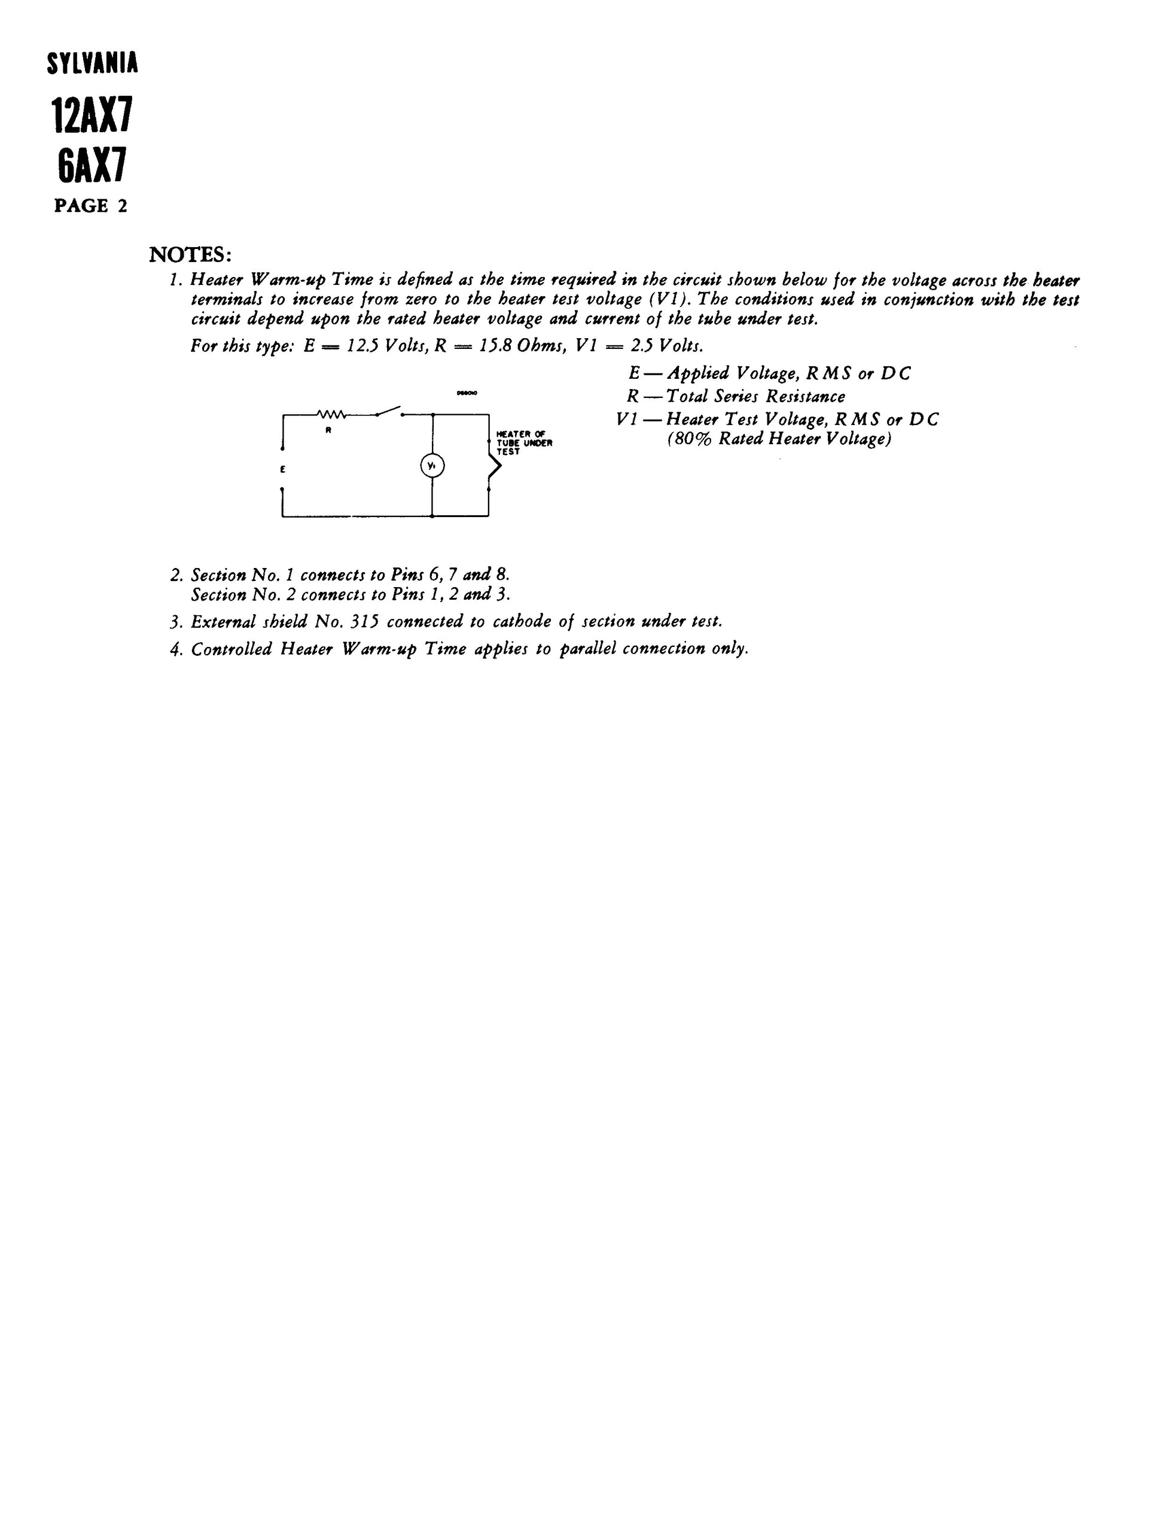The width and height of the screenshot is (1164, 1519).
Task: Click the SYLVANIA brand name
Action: click(x=92, y=64)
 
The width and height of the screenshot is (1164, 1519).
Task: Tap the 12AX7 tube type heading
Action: click(x=92, y=115)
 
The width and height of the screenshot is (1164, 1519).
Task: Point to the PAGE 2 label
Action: click(x=91, y=206)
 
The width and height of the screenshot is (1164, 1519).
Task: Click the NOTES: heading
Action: click(x=190, y=255)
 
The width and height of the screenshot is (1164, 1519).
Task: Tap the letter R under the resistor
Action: click(x=329, y=430)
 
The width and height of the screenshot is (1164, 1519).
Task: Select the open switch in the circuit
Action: click(x=389, y=411)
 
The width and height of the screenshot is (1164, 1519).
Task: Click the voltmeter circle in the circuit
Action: click(x=432, y=466)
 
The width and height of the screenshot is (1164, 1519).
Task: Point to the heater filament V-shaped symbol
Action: click(x=493, y=466)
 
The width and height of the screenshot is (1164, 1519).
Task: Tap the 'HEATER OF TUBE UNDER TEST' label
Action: click(x=524, y=442)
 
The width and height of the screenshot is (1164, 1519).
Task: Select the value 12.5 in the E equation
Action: click(x=362, y=345)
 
